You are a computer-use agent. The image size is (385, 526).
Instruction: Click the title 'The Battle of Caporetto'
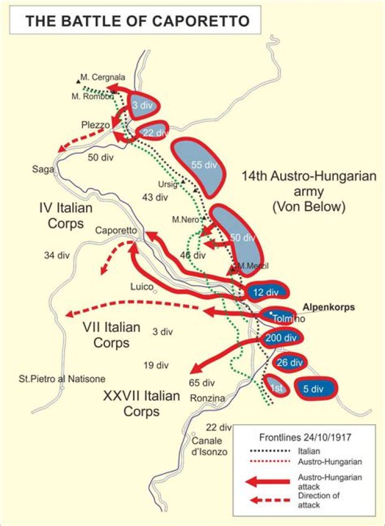click(x=137, y=21)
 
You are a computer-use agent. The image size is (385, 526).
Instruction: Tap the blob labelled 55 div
click(x=199, y=165)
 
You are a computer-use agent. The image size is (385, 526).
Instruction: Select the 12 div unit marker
click(x=266, y=292)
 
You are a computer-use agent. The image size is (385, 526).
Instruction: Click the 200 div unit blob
click(x=282, y=338)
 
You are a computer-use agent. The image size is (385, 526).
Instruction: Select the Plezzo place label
click(x=96, y=125)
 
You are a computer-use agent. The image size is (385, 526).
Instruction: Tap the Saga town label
click(x=42, y=170)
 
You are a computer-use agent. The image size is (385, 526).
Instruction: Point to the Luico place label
click(x=142, y=286)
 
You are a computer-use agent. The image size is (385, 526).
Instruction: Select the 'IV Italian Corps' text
click(x=66, y=215)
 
